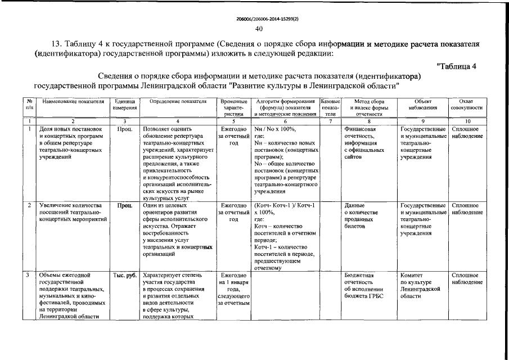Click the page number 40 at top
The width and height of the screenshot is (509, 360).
pyautogui.click(x=259, y=29)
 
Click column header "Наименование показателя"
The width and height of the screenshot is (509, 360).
pyautogui.click(x=73, y=102)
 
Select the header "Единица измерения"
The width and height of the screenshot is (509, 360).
pyautogui.click(x=124, y=105)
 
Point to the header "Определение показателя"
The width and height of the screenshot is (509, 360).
pyautogui.click(x=178, y=102)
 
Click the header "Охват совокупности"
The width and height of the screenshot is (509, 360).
pyautogui.click(x=466, y=105)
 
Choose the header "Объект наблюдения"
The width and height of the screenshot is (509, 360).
pyautogui.click(x=422, y=105)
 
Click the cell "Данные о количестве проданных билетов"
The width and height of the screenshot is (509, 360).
pyautogui.click(x=359, y=216)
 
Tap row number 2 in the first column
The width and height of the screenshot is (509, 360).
pyautogui.click(x=29, y=206)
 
